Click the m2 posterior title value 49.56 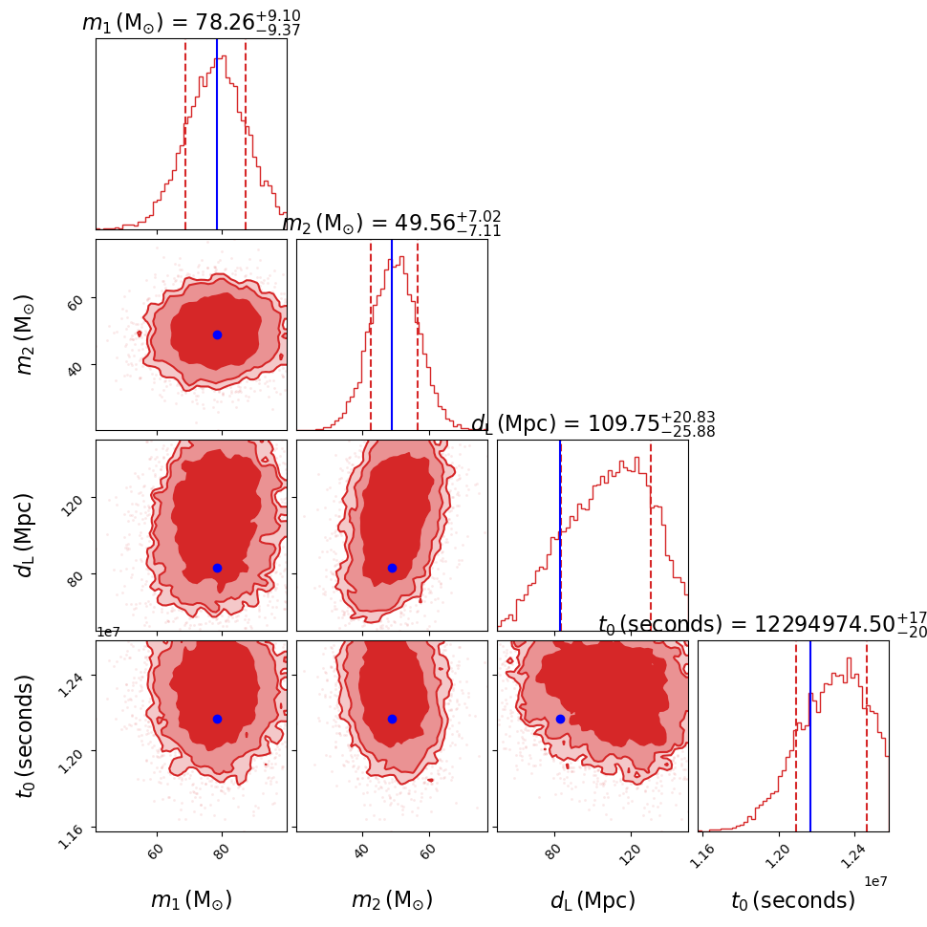pos(424,224)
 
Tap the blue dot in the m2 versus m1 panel pos(217,334)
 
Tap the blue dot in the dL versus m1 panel pos(217,568)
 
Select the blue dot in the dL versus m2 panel pos(392,568)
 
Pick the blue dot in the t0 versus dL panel pos(560,719)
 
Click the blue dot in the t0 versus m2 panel pos(392,719)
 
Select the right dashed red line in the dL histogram pos(651,535)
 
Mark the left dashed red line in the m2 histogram pos(371,334)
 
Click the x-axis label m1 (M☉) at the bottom pos(191,900)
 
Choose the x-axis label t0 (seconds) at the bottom pos(793,900)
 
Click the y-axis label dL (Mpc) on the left pos(26,535)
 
